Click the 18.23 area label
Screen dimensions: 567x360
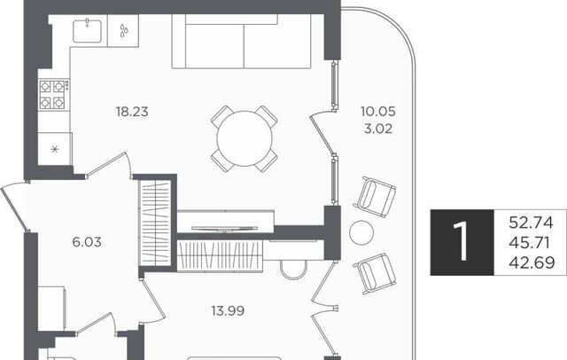pos(132,112)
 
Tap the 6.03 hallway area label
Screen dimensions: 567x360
pos(87,242)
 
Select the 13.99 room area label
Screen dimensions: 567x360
pos(228,311)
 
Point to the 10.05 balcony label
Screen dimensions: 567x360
pos(378,112)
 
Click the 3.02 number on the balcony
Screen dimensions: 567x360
pos(378,129)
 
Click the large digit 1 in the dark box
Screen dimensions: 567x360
pos(461,241)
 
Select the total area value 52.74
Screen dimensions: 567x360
pos(531,223)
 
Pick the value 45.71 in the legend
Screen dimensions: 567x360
pos(530,242)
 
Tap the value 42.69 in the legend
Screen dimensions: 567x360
pos(532,262)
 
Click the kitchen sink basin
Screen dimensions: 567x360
pos(87,31)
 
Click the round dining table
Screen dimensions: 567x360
pos(245,138)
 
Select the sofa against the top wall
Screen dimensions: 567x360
pos(241,42)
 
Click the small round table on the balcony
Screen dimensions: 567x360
pos(361,233)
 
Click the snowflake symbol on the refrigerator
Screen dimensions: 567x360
pos(55,149)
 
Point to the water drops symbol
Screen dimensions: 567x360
pos(123,31)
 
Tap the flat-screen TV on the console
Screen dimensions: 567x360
pos(224,228)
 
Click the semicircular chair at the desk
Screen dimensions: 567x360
pos(294,270)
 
